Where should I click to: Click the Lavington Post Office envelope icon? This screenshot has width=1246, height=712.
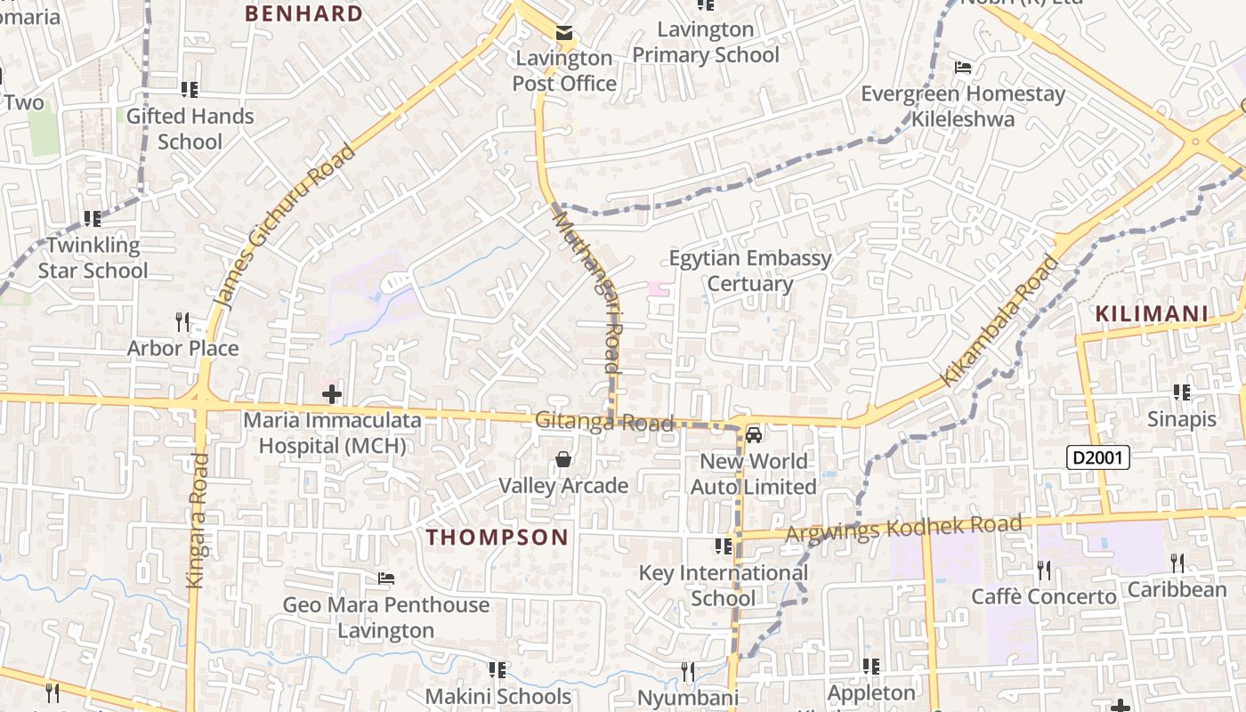[x=564, y=34]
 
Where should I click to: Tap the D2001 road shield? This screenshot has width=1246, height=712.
[x=1098, y=458]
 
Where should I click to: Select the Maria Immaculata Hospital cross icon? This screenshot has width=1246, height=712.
[x=332, y=393]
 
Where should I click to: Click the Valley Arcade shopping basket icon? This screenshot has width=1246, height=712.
[x=563, y=459]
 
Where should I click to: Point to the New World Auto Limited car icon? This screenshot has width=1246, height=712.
[x=754, y=435]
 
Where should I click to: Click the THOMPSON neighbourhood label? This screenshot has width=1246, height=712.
[x=497, y=537]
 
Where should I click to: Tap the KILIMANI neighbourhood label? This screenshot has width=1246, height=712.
[x=1152, y=313]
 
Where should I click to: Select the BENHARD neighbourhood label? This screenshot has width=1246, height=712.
[x=303, y=13]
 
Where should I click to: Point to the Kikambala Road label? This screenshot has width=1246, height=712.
[x=1001, y=320]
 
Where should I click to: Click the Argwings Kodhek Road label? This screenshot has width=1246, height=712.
[x=903, y=528]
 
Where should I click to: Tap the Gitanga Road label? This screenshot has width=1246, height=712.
[x=604, y=421]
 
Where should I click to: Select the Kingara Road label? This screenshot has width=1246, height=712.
[x=197, y=521]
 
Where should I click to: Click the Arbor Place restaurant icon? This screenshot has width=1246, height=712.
[x=182, y=320]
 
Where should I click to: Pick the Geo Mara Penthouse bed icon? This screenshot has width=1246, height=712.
[x=385, y=578]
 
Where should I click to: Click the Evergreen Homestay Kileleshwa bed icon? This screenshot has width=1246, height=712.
[x=962, y=67]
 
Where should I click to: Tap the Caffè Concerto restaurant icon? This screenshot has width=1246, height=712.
[x=1043, y=569]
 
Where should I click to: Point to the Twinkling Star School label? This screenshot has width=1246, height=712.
[x=93, y=257]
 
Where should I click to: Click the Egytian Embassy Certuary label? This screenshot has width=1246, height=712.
[x=750, y=271]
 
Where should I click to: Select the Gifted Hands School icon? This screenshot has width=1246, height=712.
[x=190, y=89]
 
